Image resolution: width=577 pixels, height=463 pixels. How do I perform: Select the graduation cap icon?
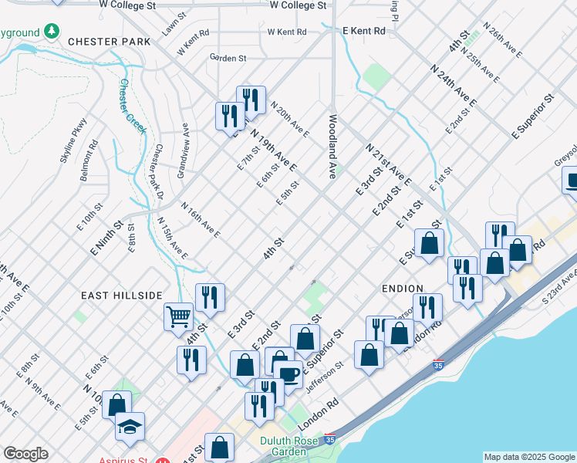130,425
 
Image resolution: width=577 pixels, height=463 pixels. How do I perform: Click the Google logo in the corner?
25,454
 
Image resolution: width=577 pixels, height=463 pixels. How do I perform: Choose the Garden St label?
228,57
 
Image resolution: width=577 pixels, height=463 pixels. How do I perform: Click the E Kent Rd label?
363,30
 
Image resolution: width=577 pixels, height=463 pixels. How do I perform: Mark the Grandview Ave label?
183,150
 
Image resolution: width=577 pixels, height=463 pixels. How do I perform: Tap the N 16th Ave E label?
201,220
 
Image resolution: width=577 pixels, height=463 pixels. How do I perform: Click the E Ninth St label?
107,239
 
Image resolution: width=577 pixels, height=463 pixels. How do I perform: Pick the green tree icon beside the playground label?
52,31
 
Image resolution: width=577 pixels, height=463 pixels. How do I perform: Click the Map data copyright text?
530,457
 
